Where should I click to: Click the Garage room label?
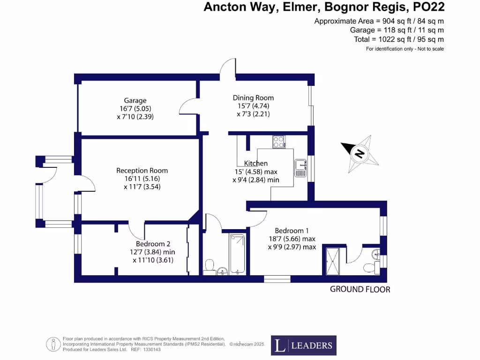click(135, 100)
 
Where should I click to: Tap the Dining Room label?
click(253, 97)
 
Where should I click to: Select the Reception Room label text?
click(142, 171)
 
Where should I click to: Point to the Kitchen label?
click(256, 163)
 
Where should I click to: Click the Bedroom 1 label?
click(292, 231)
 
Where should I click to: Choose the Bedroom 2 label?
click(153, 244)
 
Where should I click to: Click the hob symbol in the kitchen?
click(279, 142)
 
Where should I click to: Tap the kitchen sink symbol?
click(300, 168)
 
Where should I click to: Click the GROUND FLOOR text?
click(360, 289)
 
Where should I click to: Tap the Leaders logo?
click(304, 345)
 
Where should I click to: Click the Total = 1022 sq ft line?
click(398, 39)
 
